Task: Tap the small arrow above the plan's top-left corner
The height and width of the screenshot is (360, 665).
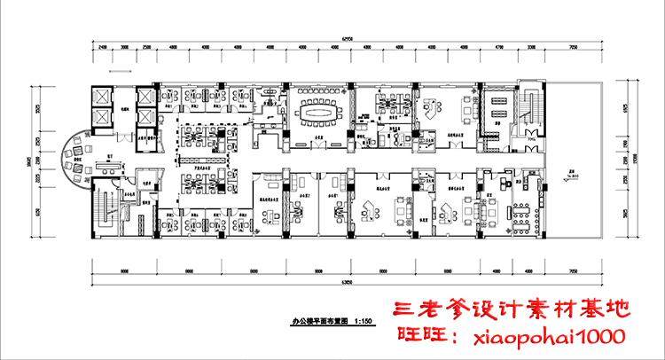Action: click(113, 68)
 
